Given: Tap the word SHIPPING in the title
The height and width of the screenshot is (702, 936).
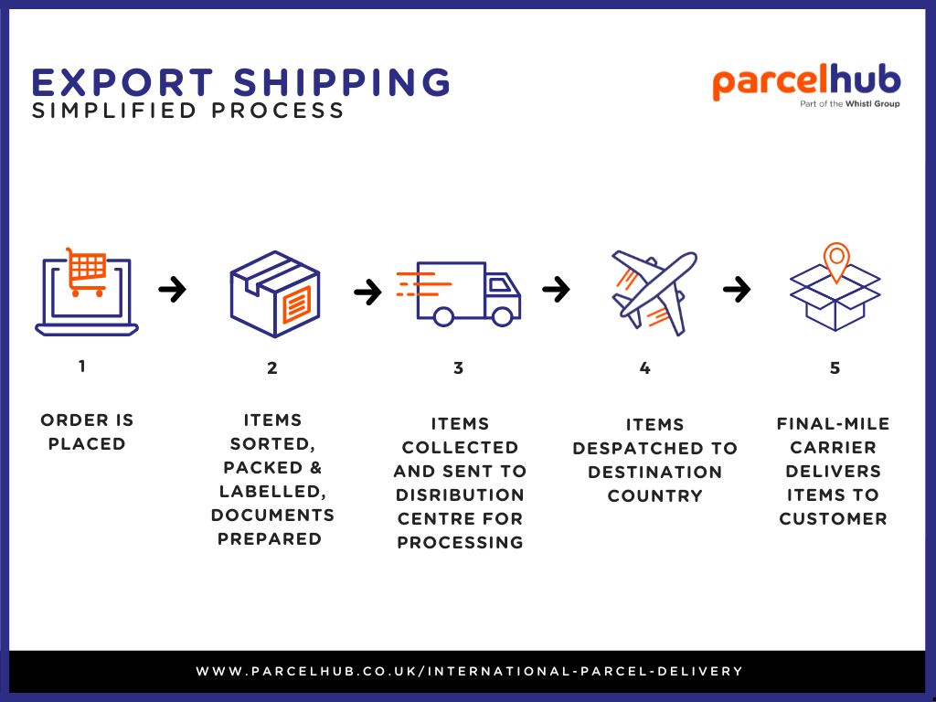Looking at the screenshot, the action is tap(342, 82).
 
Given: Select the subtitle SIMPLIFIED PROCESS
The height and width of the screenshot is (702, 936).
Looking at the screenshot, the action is tap(187, 111).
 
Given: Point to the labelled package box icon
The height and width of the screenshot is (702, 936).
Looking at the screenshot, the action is tap(274, 293).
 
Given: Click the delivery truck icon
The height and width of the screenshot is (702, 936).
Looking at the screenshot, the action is tap(467, 292).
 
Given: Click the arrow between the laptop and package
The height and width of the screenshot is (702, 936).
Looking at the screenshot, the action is tap(172, 290).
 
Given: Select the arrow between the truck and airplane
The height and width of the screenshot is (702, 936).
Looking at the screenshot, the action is tap(556, 290).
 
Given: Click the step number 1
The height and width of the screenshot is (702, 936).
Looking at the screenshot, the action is tap(82, 367).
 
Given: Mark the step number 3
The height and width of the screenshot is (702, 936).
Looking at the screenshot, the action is tap(458, 368).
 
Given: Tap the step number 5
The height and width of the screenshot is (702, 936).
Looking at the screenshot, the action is tap(835, 368).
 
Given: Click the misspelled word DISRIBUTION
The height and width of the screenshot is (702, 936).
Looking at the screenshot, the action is tap(460, 495).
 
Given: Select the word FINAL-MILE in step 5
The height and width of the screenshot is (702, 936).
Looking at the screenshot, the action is tap(833, 424).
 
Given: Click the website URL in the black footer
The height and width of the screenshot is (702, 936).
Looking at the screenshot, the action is tap(469, 671).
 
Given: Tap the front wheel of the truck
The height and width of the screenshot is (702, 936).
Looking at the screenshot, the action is tap(502, 317).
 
